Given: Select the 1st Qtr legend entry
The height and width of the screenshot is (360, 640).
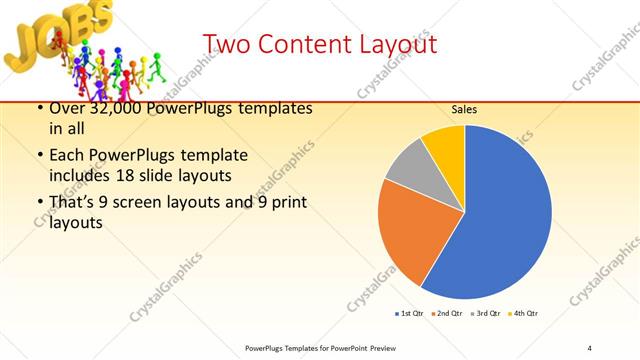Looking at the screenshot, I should click(x=409, y=314).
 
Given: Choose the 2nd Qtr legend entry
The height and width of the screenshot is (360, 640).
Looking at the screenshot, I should click(x=447, y=314).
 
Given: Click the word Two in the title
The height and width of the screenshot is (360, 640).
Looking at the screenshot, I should click(x=228, y=45).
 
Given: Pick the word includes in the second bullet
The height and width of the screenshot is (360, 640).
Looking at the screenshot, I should click(x=81, y=176).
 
